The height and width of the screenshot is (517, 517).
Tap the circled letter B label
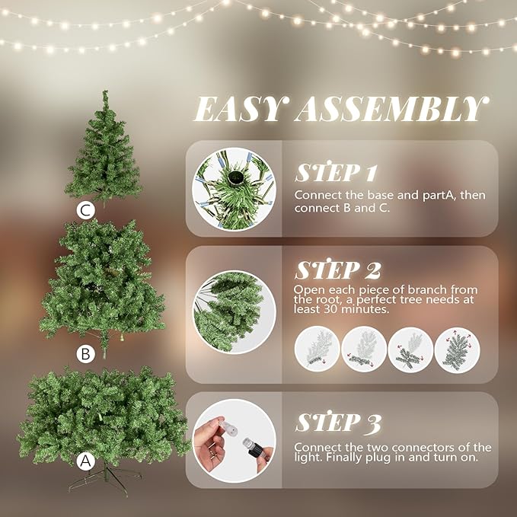pyautogui.click(x=86, y=353)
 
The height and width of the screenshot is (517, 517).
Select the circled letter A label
pyautogui.click(x=86, y=461)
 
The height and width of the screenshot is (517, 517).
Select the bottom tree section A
pyautogui.click(x=103, y=415)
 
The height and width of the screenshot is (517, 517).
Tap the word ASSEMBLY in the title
pyautogui.click(x=388, y=110)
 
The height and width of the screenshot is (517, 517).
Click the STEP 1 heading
pyautogui.click(x=337, y=171)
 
